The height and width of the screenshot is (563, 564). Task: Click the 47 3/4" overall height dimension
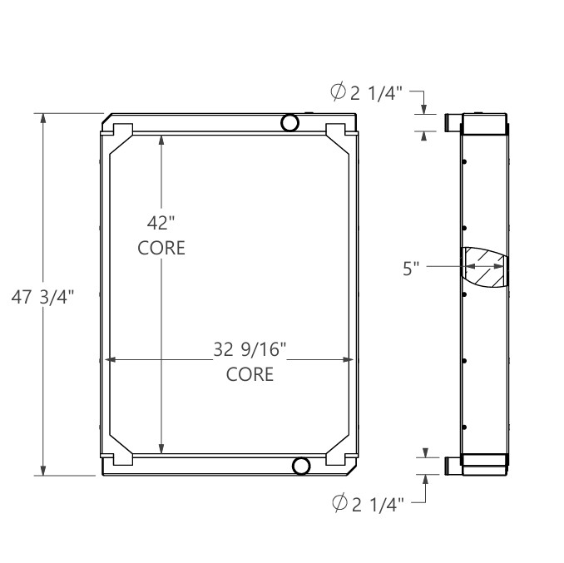[x=42, y=298]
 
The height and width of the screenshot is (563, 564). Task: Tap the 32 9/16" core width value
[x=250, y=349]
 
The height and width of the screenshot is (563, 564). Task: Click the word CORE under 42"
[x=161, y=249]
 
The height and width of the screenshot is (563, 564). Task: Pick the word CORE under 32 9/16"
[x=250, y=375]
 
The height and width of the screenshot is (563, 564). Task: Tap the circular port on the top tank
[x=289, y=123]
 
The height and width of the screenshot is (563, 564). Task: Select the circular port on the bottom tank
[x=301, y=466]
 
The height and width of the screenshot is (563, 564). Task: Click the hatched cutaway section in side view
[x=484, y=268]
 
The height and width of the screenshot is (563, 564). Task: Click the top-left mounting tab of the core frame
[x=121, y=131]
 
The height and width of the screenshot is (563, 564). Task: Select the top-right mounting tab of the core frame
[x=337, y=131]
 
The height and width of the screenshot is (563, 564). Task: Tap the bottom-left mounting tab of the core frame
[x=121, y=457]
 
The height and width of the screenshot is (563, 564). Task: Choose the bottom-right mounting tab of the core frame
[x=337, y=457]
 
